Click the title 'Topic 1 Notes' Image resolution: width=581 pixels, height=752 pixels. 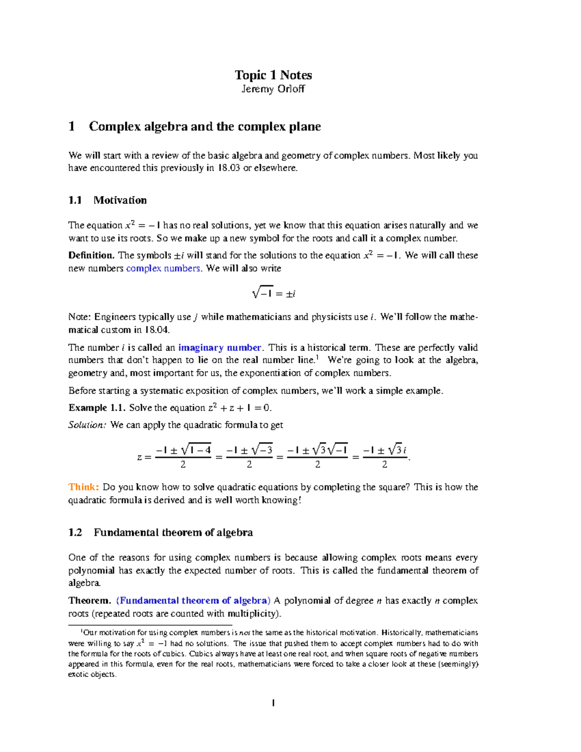[x=273, y=75]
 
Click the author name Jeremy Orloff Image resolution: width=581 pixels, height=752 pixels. [x=273, y=89]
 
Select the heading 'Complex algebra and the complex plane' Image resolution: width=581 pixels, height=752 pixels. [x=204, y=126]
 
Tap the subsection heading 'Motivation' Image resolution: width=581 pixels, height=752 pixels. [x=120, y=200]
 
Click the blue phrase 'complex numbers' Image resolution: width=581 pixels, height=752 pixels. [x=163, y=268]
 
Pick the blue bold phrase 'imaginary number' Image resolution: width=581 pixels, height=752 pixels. [x=220, y=347]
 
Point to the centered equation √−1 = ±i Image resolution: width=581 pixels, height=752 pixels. [x=274, y=293]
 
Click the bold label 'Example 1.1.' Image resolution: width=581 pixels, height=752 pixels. [x=97, y=408]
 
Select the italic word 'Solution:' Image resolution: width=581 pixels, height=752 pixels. [x=87, y=425]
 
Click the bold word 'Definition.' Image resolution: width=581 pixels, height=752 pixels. [x=91, y=255]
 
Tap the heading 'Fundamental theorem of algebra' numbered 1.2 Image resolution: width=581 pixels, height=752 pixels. [x=173, y=533]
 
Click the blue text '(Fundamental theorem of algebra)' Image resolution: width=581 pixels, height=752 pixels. [x=193, y=600]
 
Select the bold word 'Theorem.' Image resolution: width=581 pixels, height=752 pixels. [x=90, y=600]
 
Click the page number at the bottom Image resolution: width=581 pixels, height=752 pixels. [x=274, y=703]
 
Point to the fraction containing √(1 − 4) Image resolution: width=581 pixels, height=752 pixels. [x=183, y=457]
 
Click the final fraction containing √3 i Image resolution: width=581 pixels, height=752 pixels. [x=384, y=457]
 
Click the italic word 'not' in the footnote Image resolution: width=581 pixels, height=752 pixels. [x=245, y=632]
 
